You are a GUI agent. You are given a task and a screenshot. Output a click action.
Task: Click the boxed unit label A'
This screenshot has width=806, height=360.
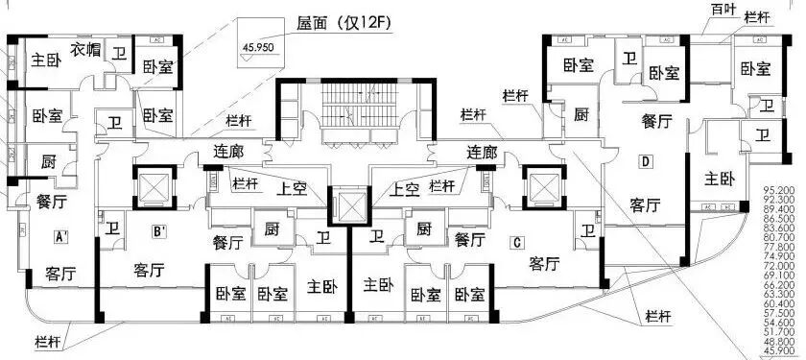click(59, 235)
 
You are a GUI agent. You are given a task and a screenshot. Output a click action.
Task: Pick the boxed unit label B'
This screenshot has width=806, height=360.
click(160, 230)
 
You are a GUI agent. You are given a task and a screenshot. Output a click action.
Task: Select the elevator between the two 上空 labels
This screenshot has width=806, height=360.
click(348, 204)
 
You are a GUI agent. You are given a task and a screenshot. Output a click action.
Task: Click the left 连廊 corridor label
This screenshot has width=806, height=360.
click(227, 152)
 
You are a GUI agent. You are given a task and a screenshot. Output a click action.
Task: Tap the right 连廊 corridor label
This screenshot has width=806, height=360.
click(480, 152)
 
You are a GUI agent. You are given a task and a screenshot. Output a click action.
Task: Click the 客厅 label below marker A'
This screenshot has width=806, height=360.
click(59, 275)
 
